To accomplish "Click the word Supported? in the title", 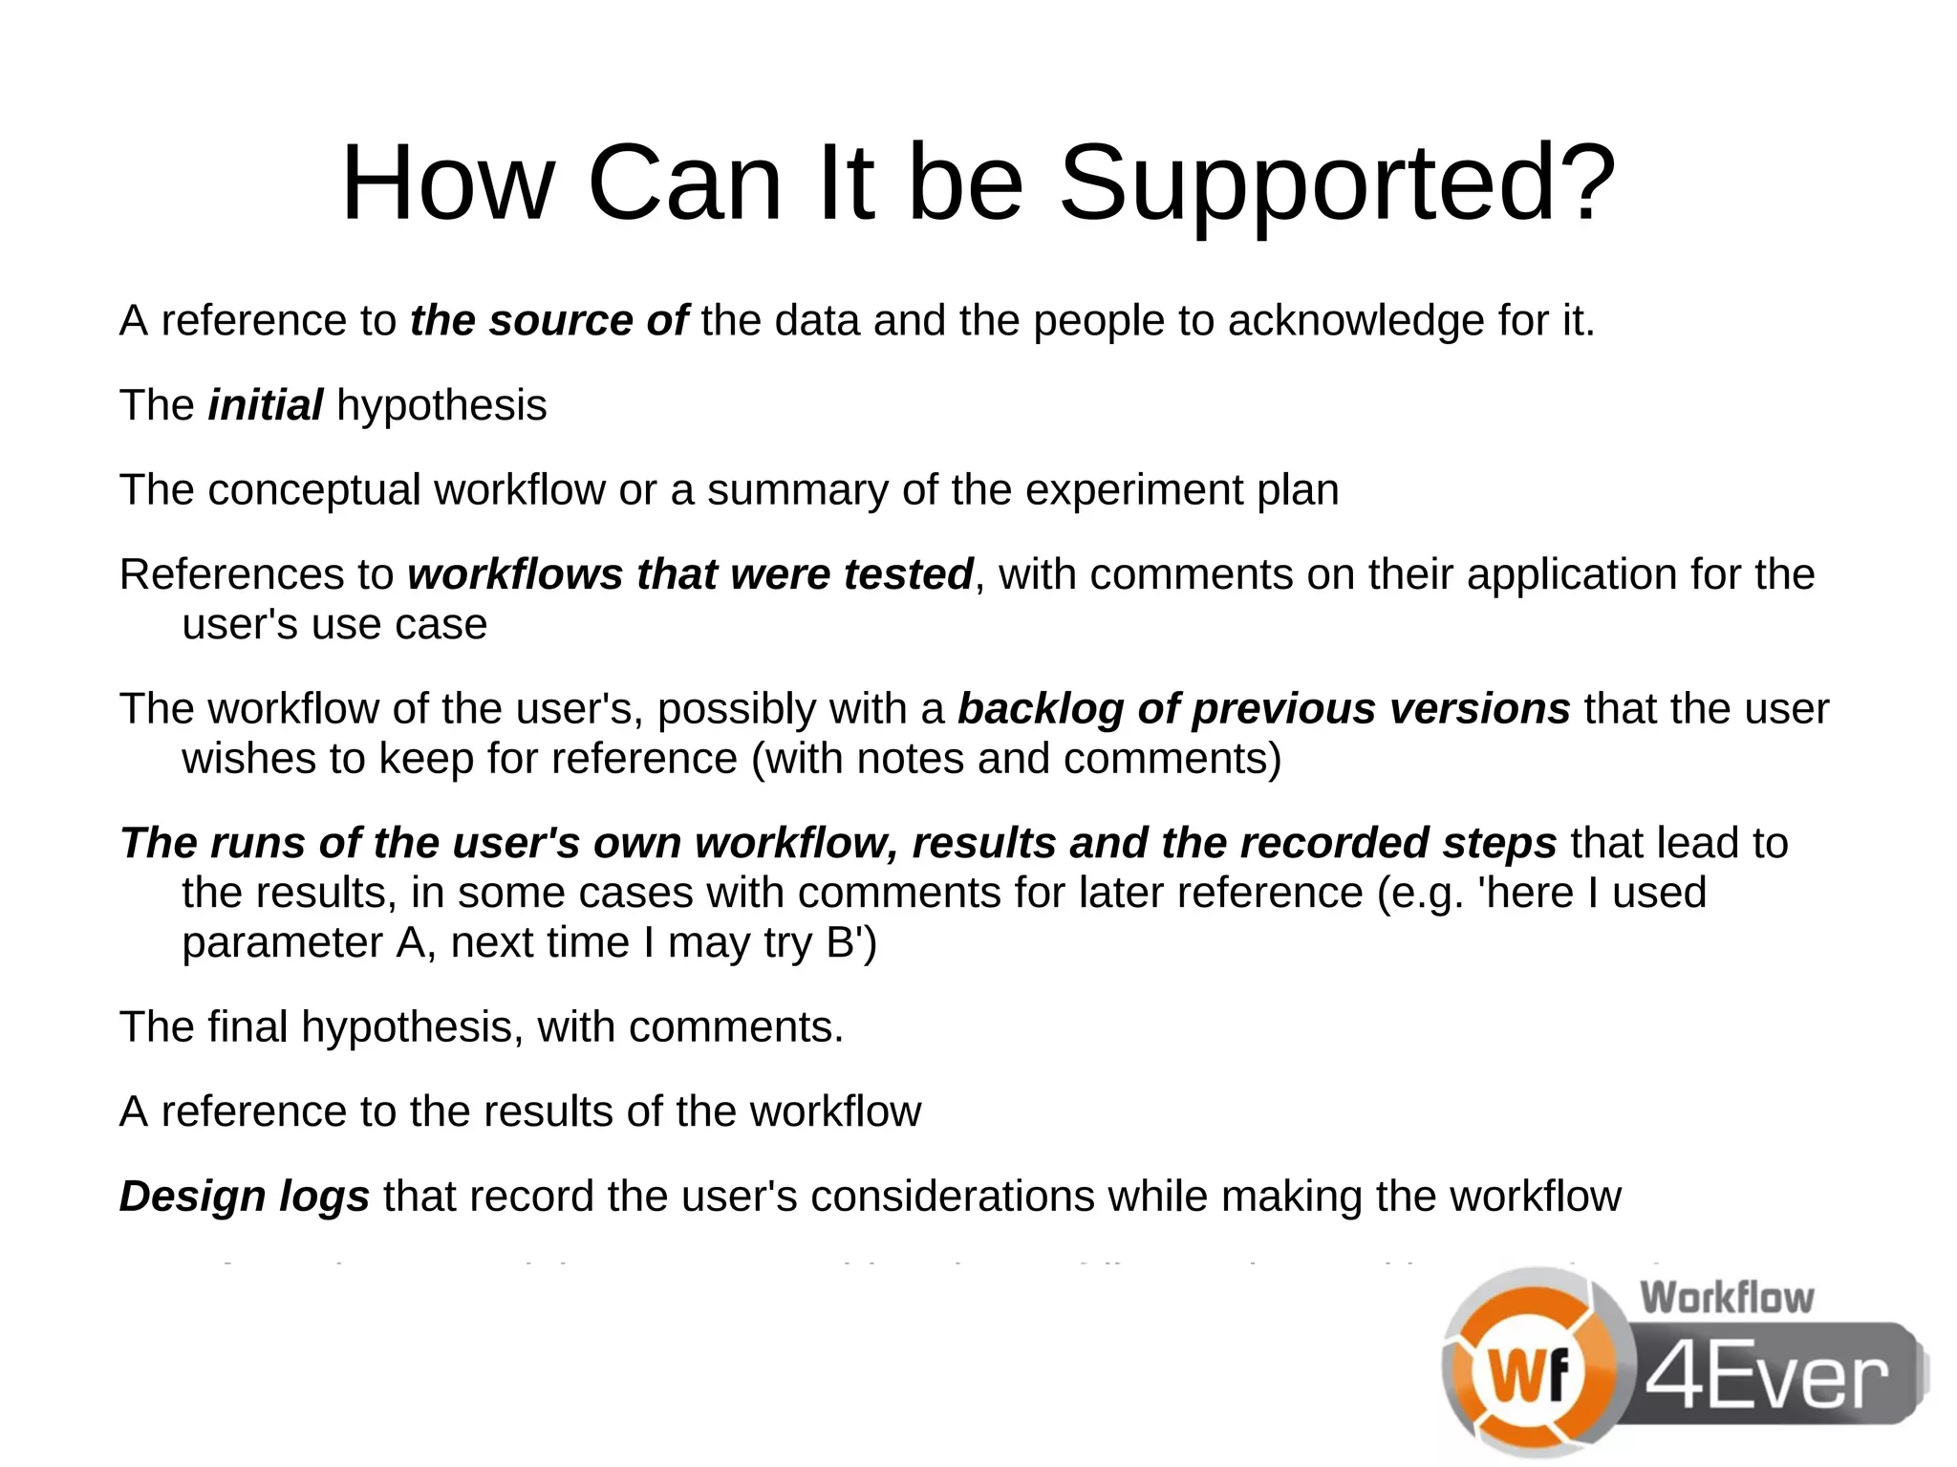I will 1337,183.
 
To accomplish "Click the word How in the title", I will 447,183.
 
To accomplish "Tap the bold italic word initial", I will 266,405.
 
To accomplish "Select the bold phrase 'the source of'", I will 548,320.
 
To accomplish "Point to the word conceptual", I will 314,490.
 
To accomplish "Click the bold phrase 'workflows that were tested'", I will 690,574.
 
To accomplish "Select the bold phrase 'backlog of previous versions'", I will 1263,709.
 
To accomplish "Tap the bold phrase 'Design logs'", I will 245,1197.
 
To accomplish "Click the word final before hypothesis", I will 247,1027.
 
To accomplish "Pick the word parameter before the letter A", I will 283,943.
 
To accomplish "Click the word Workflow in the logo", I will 1727,1298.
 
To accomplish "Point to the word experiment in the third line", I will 1134,490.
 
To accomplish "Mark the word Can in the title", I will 685,183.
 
